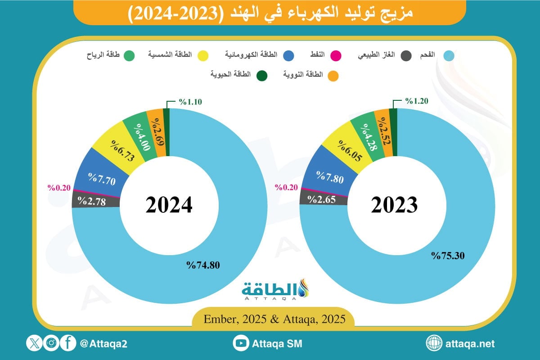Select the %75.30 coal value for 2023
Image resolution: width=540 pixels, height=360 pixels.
(x=448, y=256)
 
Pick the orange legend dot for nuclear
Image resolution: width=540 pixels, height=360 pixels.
(x=333, y=76)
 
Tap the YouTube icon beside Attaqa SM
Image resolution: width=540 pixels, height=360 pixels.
(x=241, y=343)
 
